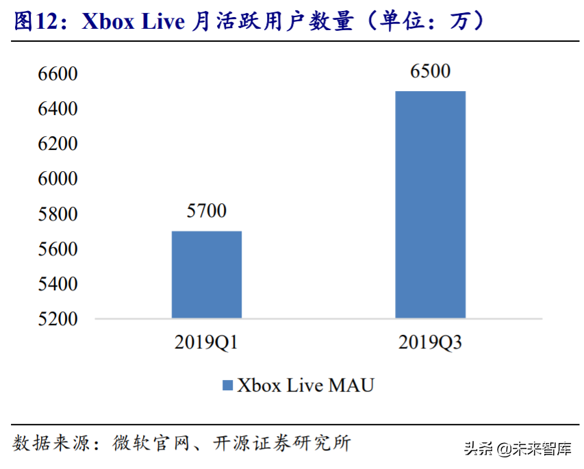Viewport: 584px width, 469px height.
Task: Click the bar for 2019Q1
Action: (x=206, y=275)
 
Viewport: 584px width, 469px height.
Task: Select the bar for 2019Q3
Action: (x=430, y=205)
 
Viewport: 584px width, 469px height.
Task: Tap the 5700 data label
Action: (x=206, y=211)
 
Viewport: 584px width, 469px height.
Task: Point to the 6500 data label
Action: (x=430, y=71)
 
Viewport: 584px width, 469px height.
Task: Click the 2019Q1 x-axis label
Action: (x=206, y=342)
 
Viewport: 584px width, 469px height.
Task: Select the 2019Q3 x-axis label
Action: (x=430, y=342)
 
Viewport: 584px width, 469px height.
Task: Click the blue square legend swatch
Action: (x=227, y=385)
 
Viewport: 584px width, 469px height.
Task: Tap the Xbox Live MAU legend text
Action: (x=305, y=385)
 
